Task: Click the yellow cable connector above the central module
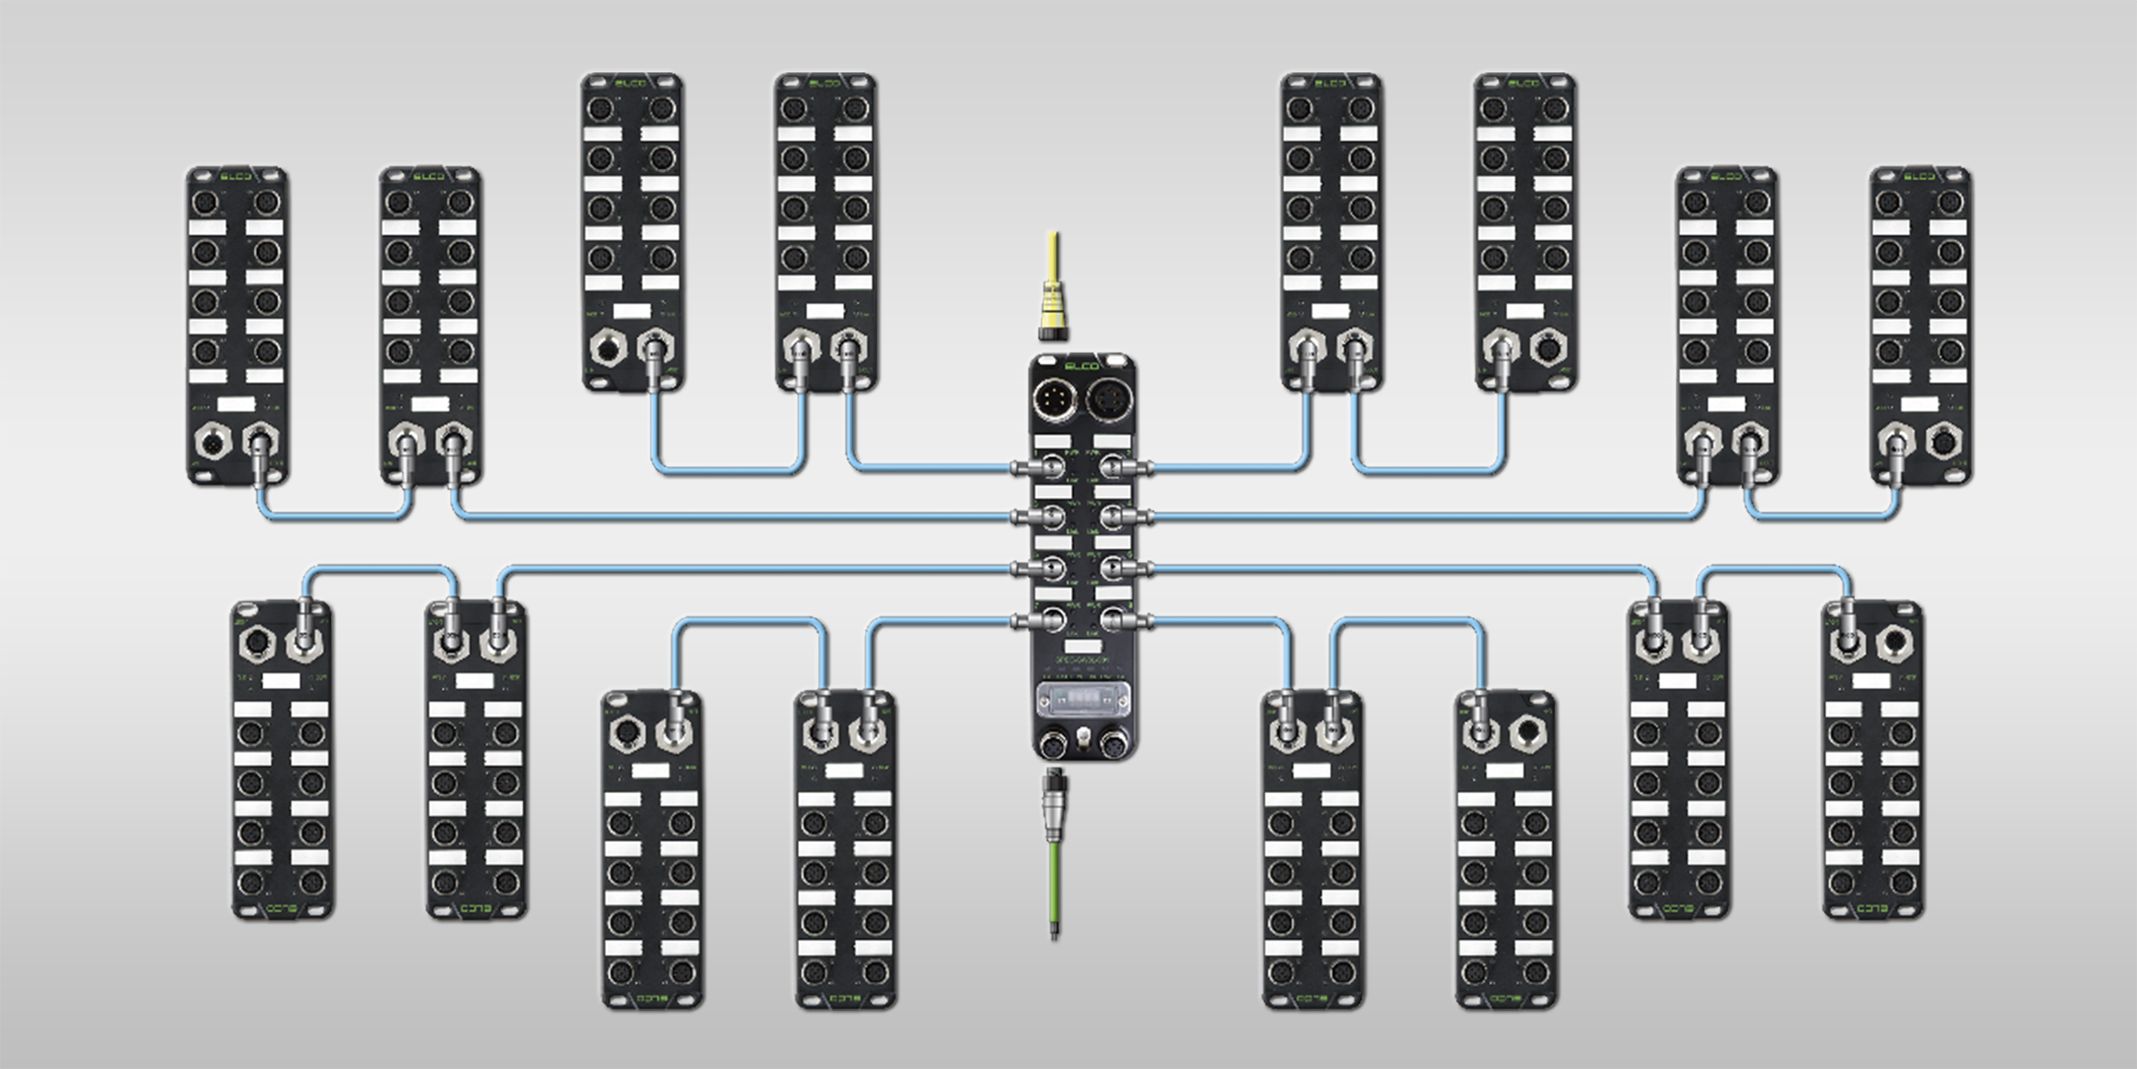[1053, 308]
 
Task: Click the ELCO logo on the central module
[1082, 366]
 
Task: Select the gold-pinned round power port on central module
[1055, 398]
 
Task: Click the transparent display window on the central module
[1083, 702]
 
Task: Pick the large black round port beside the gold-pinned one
[1108, 398]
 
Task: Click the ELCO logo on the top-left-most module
[236, 176]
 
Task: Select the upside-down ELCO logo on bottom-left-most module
[281, 908]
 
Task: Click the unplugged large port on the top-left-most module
[214, 444]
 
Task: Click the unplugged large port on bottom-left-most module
[257, 644]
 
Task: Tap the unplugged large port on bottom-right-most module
[1893, 644]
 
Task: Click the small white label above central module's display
[1082, 646]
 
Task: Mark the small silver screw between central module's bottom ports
[1082, 741]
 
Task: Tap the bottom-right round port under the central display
[1111, 745]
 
